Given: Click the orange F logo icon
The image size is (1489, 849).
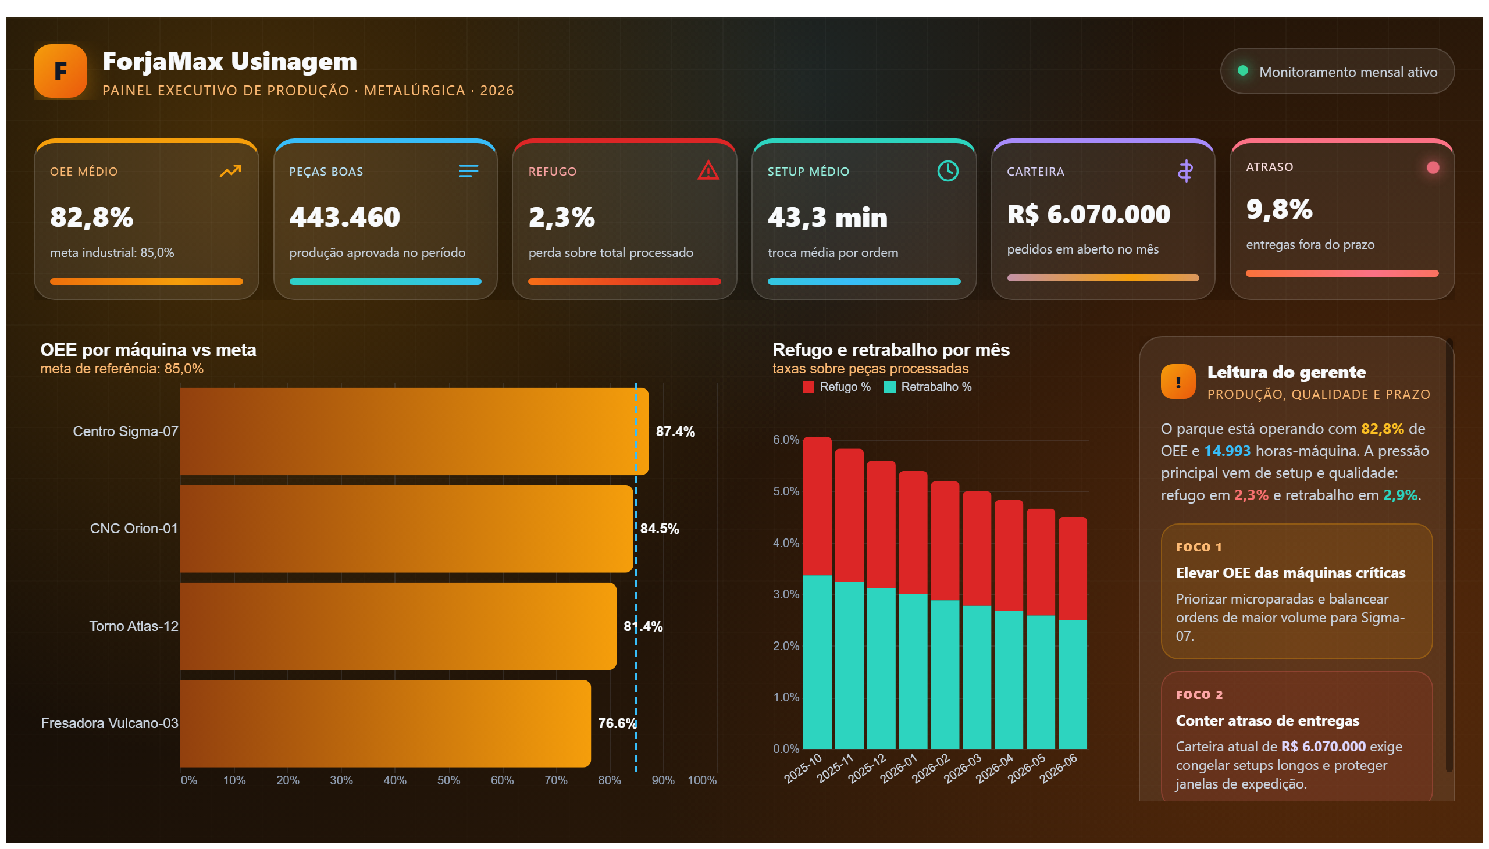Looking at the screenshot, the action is (60, 71).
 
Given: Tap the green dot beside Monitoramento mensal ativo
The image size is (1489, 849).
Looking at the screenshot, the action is (1242, 70).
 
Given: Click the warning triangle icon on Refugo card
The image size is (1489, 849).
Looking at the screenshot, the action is (708, 170).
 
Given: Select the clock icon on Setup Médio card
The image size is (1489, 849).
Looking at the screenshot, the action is (947, 171).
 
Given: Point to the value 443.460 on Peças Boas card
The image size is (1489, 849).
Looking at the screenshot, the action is (345, 217).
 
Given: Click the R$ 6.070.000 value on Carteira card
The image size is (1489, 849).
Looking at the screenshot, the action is (1088, 215).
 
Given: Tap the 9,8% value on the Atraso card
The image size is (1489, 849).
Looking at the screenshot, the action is (1279, 209).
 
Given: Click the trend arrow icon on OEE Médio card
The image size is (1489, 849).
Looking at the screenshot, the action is (230, 171).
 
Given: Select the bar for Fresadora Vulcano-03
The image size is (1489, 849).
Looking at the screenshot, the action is (386, 723).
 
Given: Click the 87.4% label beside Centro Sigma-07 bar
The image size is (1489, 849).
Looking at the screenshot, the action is (675, 431).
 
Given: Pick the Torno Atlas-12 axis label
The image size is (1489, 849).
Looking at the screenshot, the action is (134, 626).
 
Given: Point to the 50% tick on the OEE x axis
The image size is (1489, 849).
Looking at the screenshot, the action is (448, 780).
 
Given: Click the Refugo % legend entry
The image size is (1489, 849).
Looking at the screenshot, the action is (836, 387).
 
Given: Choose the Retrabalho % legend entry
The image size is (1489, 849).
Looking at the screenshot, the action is (927, 387).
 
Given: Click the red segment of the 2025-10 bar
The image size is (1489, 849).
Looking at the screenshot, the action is (817, 506).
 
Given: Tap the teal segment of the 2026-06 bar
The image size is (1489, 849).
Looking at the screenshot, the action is (1072, 684).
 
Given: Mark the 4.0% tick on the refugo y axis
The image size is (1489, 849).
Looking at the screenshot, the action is (786, 543).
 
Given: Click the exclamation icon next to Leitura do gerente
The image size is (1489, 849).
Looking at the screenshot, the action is (1178, 382).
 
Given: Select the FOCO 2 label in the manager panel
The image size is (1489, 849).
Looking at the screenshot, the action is (1199, 695).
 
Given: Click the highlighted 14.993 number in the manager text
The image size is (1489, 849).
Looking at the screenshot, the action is (1227, 451).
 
